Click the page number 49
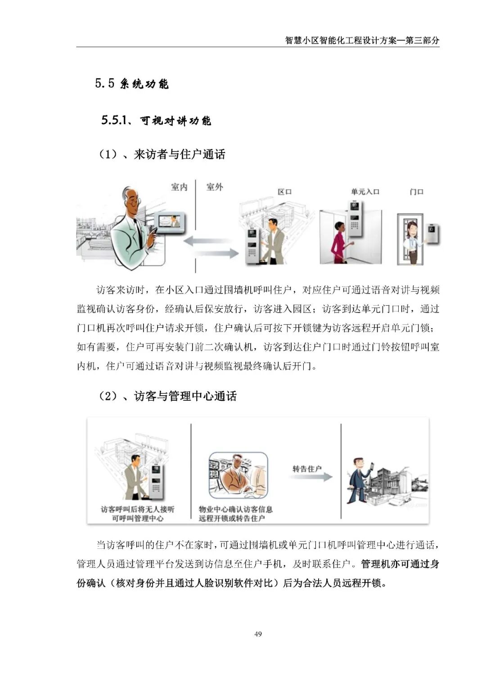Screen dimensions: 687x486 point(258,634)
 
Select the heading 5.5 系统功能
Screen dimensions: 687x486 point(132,84)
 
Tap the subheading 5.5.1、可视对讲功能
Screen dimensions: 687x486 point(156,121)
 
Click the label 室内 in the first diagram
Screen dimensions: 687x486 point(179,187)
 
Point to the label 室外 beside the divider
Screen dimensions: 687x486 point(214,187)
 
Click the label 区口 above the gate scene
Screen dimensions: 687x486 point(284,192)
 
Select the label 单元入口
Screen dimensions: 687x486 point(365,192)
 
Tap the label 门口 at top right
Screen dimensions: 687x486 point(416,192)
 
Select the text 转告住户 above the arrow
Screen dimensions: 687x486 point(307,469)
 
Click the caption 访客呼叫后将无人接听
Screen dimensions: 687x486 point(137,509)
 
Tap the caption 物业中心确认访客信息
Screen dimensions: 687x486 point(236,509)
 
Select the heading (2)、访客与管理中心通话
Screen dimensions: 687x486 point(167,396)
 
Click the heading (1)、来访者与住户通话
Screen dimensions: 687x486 point(162,154)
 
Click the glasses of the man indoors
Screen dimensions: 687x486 point(134,201)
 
